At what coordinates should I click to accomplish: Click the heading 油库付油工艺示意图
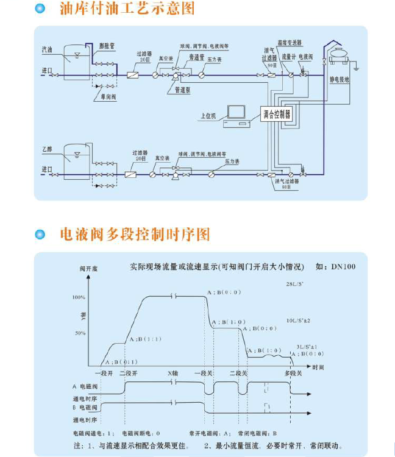tap(127, 9)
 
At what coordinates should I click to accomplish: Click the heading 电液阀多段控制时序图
tap(135, 235)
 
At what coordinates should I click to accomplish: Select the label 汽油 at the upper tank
tap(47, 48)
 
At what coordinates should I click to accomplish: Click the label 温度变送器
tap(288, 43)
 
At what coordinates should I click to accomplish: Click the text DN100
tap(343, 266)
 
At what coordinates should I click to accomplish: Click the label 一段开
tap(104, 371)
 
